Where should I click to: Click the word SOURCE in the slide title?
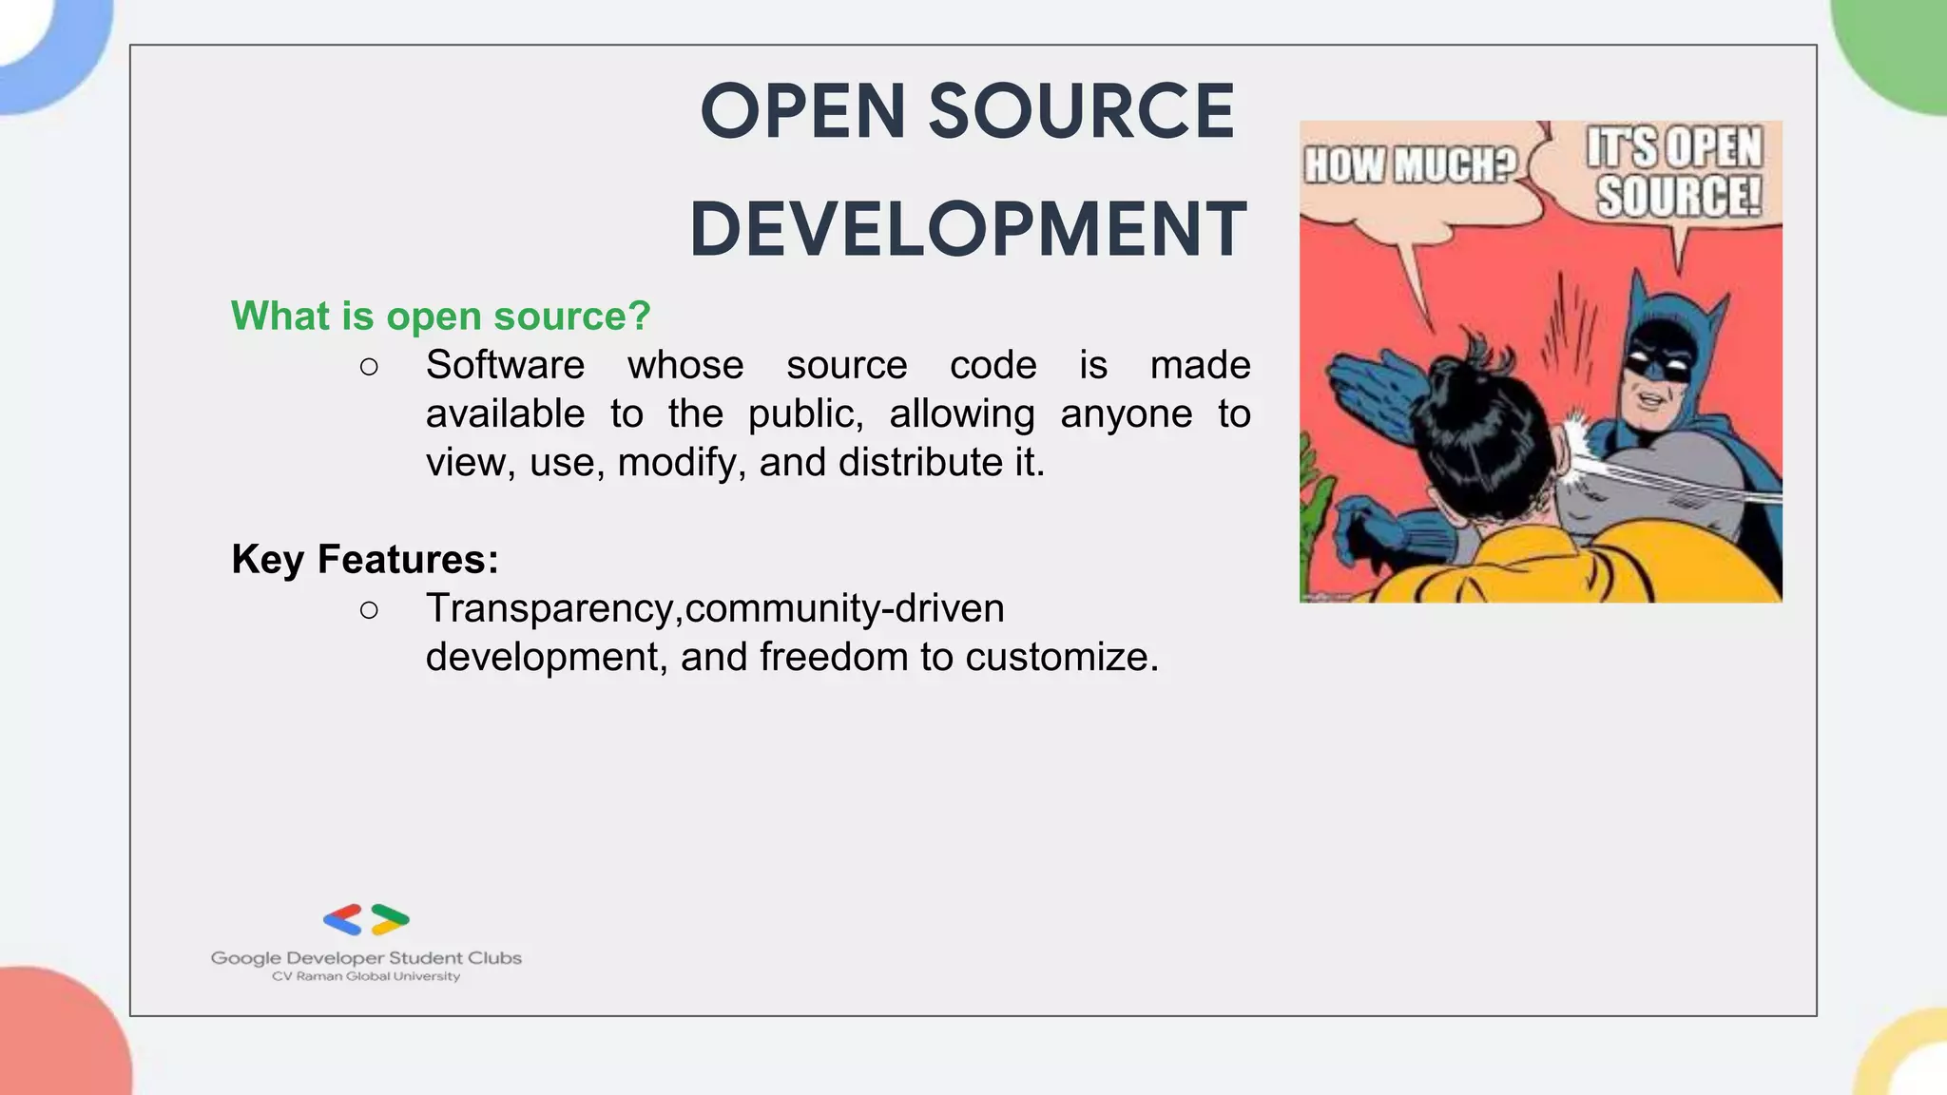click(1081, 112)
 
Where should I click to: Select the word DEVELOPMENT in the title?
click(968, 230)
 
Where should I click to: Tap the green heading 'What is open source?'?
click(440, 316)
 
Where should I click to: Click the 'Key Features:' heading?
click(365, 559)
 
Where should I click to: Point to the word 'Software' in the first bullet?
click(505, 365)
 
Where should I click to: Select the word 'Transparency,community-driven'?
click(715, 608)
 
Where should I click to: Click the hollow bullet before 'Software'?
click(369, 367)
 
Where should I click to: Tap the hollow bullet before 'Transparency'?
click(369, 610)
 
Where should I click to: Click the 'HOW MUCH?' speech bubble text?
click(1409, 165)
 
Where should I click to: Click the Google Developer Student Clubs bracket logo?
click(366, 919)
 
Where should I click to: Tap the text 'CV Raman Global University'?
click(366, 976)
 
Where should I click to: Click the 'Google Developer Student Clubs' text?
click(366, 958)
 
